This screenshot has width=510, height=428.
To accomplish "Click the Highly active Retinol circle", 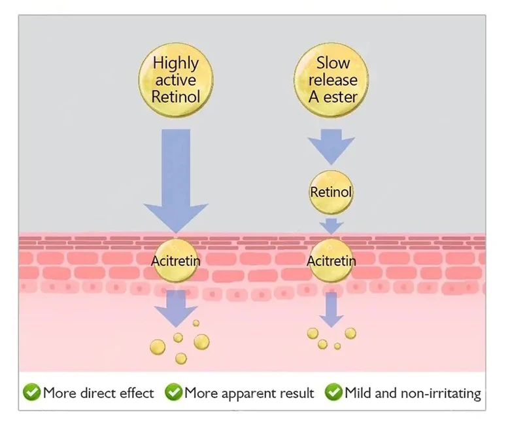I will coord(175,80).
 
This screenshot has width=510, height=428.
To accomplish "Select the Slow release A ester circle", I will coord(333,80).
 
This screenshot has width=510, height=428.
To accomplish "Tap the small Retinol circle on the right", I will coord(331,192).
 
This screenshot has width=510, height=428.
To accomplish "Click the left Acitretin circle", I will coord(175,260).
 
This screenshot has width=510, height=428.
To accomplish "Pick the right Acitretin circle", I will coord(331,260).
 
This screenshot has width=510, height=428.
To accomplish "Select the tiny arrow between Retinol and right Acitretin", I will coord(331,226).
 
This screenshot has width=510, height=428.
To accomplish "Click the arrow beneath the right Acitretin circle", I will coord(331,308).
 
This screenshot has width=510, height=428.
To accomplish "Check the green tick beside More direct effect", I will coord(31,393).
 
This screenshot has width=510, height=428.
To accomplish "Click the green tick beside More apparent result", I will coord(173,393).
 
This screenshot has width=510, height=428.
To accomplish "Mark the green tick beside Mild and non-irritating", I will coord(333,393).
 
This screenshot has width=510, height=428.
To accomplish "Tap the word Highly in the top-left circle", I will coord(175,63).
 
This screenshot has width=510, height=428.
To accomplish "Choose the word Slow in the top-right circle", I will coord(333,63).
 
